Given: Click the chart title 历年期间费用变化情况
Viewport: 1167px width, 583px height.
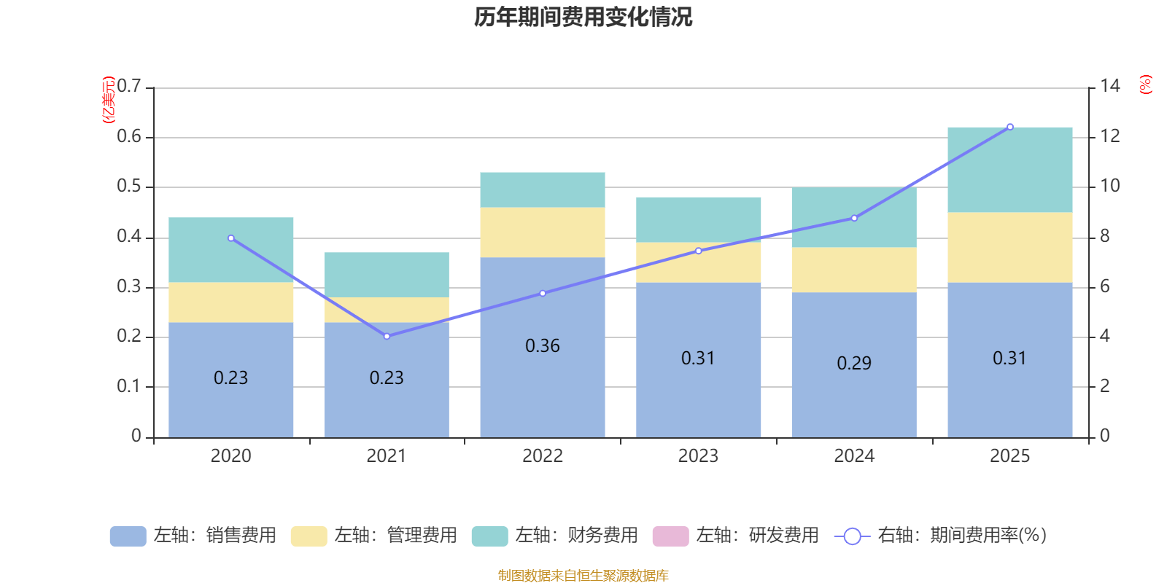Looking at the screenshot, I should [x=583, y=17].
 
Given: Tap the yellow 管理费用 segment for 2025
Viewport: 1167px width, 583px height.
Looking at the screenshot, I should [x=1009, y=247].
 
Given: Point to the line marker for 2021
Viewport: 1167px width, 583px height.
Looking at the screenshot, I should [x=387, y=336].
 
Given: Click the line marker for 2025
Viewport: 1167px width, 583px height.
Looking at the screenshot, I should [x=1010, y=127].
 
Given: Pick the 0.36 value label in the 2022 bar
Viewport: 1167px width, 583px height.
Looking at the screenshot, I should [x=543, y=346].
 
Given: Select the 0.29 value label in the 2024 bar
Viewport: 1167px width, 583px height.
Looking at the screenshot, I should [x=854, y=364].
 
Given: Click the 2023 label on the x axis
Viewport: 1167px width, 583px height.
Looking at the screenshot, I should [x=698, y=456].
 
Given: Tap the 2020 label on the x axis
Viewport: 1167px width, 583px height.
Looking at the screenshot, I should [x=230, y=456].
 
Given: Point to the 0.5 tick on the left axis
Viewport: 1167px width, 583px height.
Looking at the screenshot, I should [x=129, y=187].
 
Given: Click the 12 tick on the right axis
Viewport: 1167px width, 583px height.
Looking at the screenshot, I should [x=1109, y=136].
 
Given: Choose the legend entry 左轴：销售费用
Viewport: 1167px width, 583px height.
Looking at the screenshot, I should [x=193, y=536].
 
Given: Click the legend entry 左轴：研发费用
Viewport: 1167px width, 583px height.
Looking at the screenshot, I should [x=736, y=536].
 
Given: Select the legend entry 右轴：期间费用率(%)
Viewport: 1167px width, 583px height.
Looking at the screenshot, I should [x=941, y=536].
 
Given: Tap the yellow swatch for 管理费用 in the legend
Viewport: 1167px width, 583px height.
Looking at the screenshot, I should [x=309, y=536].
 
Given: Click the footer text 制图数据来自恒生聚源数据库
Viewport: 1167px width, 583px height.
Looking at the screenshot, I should [x=583, y=576].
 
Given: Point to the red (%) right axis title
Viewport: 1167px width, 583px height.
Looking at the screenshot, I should [x=1145, y=85].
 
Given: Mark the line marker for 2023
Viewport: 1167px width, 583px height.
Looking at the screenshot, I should [x=699, y=251].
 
